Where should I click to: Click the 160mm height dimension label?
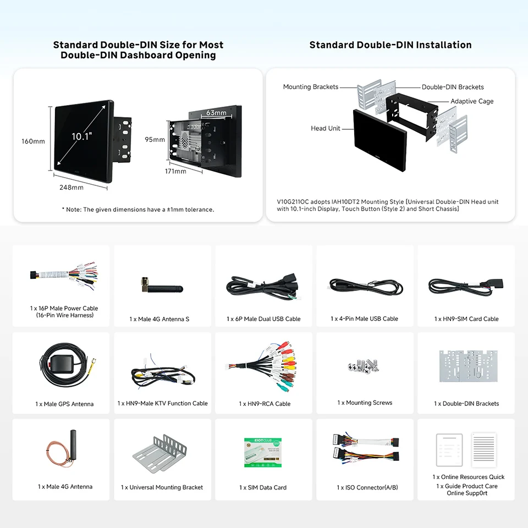tap(33, 141)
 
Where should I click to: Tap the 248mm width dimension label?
tap(71, 187)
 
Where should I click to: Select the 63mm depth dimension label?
tap(216, 113)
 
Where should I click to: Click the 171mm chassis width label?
tap(175, 171)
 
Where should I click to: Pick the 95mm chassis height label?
tap(155, 139)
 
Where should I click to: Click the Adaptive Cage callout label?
tap(472, 101)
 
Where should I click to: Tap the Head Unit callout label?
tap(325, 128)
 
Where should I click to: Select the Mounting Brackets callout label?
tap(310, 87)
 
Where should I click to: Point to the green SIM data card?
tap(262, 452)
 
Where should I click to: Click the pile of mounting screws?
tap(365, 365)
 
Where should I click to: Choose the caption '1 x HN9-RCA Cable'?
tap(265, 404)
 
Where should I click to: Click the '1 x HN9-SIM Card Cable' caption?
tap(466, 319)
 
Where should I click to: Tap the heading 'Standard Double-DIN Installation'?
tap(390, 45)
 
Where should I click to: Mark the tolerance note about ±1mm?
tap(137, 210)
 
